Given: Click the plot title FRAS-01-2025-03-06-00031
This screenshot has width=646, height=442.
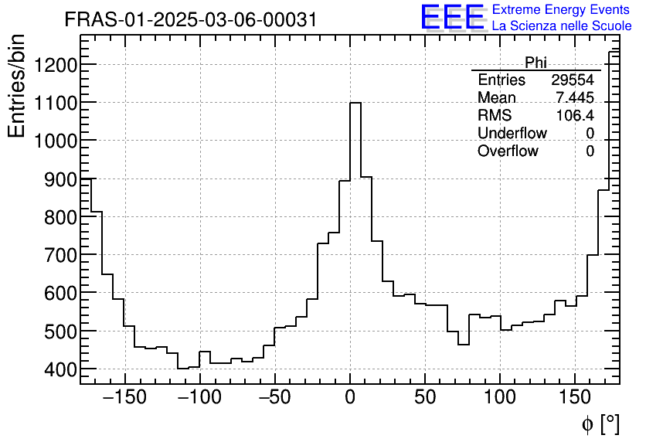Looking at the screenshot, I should tap(191, 20).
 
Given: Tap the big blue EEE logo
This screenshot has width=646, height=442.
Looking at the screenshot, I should tap(452, 18).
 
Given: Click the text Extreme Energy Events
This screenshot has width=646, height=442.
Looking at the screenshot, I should tap(561, 10).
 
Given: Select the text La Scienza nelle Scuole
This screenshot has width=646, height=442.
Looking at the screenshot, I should tap(561, 25).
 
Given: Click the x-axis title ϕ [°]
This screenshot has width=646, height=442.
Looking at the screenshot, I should tap(600, 423).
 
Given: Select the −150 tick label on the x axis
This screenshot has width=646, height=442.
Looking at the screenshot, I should tap(124, 398).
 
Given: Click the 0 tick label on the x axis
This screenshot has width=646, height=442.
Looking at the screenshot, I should tap(350, 398).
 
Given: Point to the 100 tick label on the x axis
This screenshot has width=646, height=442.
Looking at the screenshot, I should tap(500, 398).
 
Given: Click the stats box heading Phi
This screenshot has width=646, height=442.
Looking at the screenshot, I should tap(535, 63).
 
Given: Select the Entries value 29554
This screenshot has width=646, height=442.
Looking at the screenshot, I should tap(573, 80).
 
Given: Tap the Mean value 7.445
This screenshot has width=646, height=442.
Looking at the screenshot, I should tap(575, 98).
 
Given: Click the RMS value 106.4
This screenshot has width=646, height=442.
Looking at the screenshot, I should tap(575, 116).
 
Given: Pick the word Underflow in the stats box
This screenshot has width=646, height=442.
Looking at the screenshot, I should tap(512, 134).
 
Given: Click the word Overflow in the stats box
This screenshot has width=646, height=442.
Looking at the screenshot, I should tap(508, 151).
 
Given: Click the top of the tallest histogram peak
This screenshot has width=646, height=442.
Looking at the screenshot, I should tap(355, 103).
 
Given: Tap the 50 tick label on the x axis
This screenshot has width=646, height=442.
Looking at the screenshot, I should tap(425, 398).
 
